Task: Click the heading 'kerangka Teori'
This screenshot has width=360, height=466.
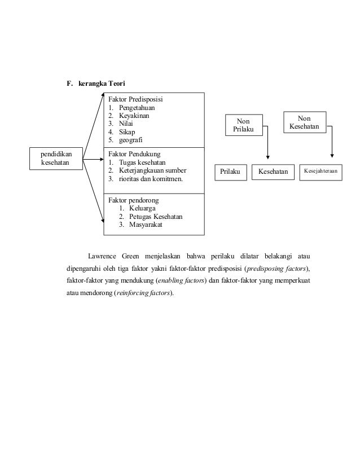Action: click(98, 84)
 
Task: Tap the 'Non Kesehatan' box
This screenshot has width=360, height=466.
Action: click(305, 122)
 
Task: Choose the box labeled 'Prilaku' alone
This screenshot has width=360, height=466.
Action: click(230, 171)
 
